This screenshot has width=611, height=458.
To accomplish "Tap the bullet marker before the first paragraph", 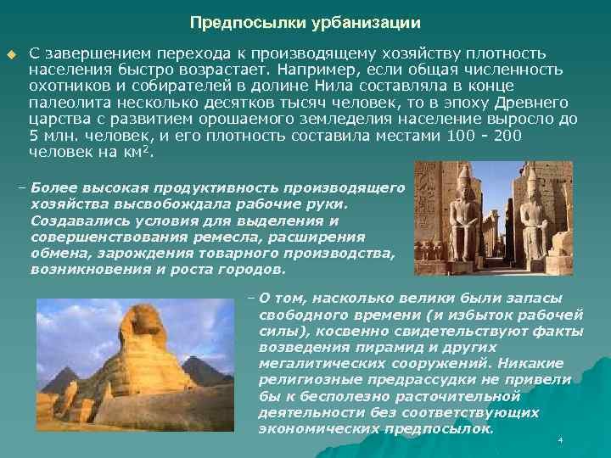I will [x=11, y=54].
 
